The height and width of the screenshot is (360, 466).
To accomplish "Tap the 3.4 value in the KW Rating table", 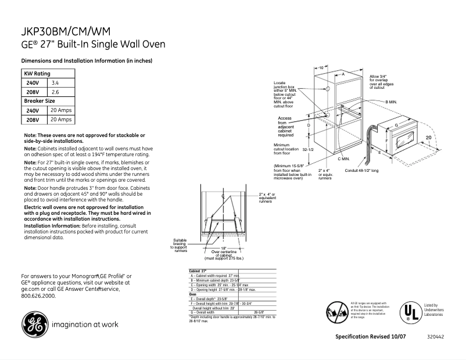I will point(56,83).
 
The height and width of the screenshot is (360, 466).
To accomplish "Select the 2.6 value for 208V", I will point(56,92).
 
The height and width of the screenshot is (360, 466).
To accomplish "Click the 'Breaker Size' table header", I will point(39,101).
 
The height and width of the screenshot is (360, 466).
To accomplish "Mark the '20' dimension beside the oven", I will point(428,137).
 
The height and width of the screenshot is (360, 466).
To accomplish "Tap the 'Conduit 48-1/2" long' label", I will point(361,171).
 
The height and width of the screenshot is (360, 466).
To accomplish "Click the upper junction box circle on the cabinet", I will point(328,90).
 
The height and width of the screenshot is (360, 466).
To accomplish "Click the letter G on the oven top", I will point(396,125).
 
